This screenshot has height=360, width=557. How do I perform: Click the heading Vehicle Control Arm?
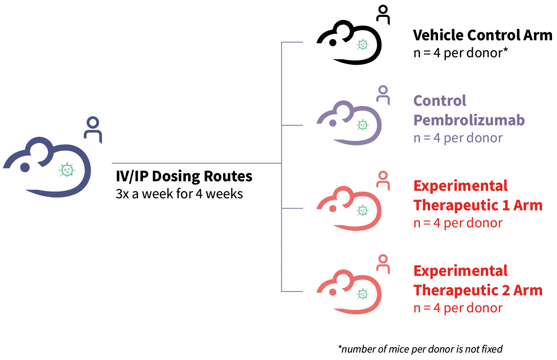[482, 35]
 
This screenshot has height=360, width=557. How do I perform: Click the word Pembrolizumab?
[469, 120]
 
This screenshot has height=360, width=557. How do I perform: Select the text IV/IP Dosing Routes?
[184, 176]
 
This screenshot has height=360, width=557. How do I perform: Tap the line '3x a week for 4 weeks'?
[179, 194]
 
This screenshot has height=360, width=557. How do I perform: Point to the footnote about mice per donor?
[421, 349]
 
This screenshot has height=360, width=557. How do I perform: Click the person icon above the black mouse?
[383, 13]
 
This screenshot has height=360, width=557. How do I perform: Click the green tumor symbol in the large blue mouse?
[66, 169]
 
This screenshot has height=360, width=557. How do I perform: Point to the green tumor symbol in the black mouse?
[363, 44]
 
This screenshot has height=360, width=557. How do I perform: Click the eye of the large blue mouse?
[25, 167]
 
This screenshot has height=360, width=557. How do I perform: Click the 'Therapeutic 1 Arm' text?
[478, 205]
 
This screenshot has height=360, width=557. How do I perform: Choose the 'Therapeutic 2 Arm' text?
[478, 290]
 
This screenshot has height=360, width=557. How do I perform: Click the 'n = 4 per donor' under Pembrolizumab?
[458, 138]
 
